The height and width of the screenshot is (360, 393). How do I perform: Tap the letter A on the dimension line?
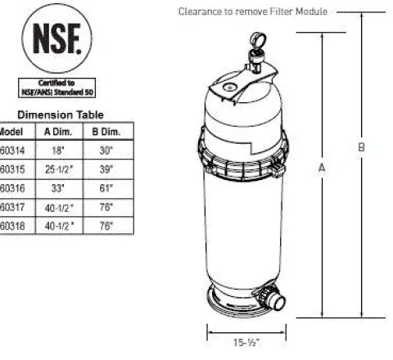click(x=322, y=167)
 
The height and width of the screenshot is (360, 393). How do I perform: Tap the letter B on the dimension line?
click(x=361, y=147)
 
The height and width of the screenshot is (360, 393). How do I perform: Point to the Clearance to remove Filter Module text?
click(x=253, y=11)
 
